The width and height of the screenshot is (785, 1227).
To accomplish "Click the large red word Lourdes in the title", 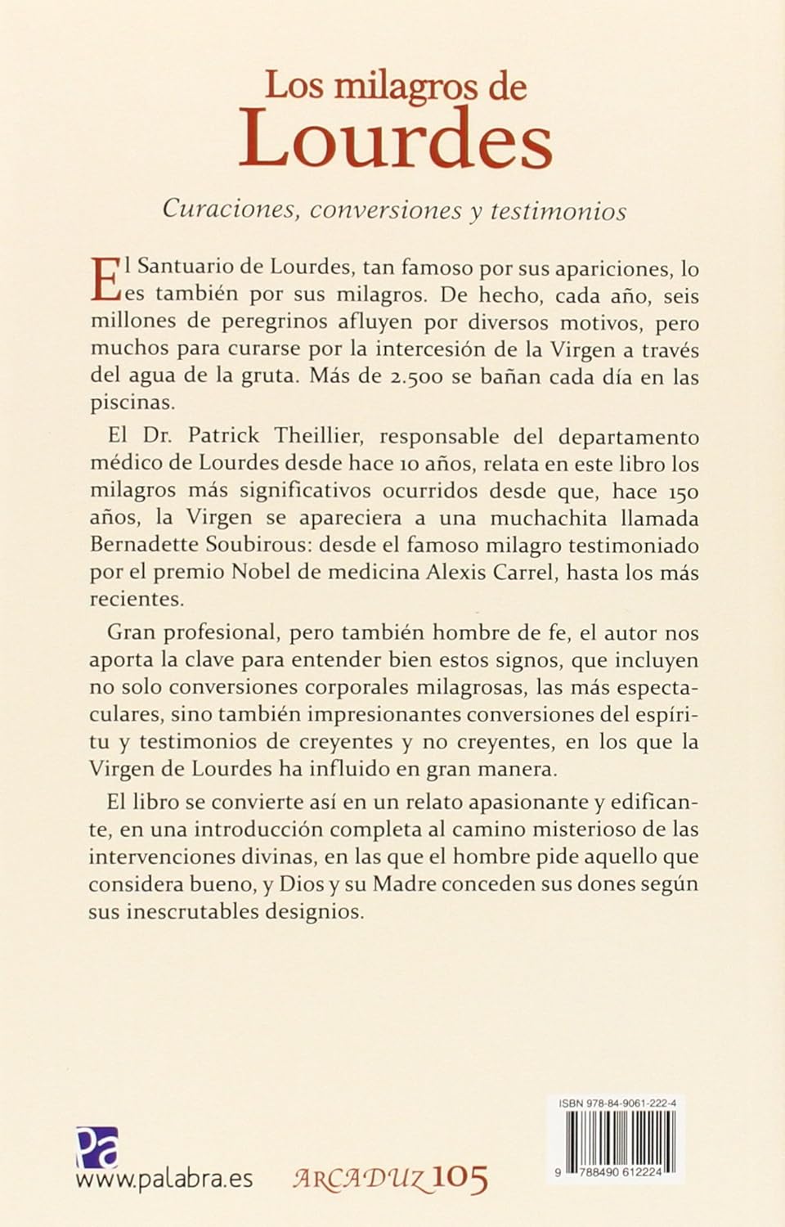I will (396, 139).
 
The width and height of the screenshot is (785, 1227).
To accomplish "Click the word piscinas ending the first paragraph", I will (132, 404).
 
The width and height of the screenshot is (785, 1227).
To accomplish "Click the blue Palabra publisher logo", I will (97, 1147).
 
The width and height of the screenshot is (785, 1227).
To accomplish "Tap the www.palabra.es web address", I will (164, 1180).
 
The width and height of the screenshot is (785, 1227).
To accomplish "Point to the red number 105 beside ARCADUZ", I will (460, 1178).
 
